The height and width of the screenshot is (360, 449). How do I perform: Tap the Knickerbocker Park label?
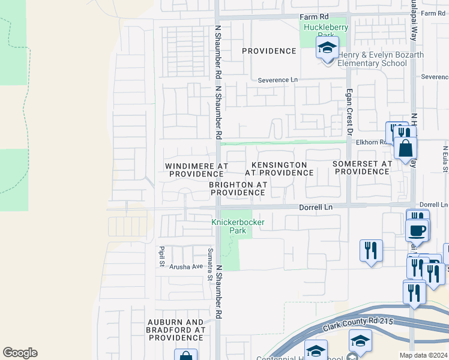pos(238,226)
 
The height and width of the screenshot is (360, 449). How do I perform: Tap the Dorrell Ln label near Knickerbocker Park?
pos(316,207)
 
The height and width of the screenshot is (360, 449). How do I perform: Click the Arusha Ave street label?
pos(185,266)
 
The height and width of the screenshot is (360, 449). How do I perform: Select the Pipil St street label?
pos(162,256)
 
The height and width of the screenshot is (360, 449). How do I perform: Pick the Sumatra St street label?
pos(210,264)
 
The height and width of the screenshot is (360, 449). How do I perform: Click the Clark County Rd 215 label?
pos(357,324)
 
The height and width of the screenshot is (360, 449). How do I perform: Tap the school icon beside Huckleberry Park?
pos(327,47)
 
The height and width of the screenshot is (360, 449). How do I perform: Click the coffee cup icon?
pos(417,230)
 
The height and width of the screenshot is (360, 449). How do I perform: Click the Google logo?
pos(20,353)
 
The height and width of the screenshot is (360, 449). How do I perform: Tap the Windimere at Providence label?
pos(196,169)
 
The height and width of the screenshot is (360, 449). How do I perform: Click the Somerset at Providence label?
pos(363,167)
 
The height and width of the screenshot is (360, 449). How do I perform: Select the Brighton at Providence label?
pos(238,188)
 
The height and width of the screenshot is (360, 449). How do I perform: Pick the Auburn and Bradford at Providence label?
pos(176,330)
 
